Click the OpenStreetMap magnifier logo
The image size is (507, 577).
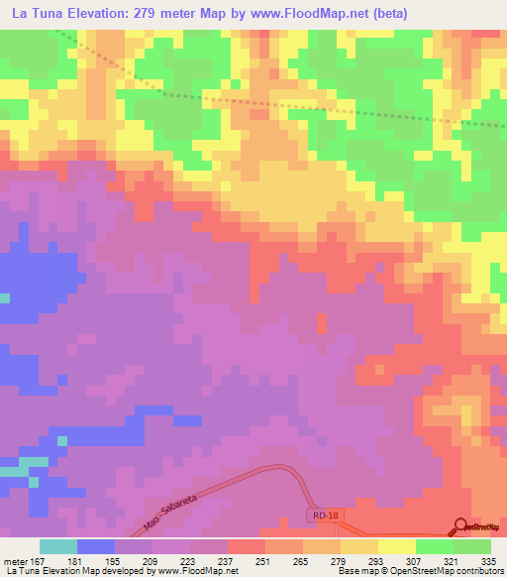coord(461,526)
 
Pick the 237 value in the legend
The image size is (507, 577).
coord(228,560)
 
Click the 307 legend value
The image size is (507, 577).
coord(415,560)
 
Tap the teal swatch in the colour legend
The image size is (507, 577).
coord(57,546)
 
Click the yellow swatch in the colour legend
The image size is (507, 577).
coord(397,546)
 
